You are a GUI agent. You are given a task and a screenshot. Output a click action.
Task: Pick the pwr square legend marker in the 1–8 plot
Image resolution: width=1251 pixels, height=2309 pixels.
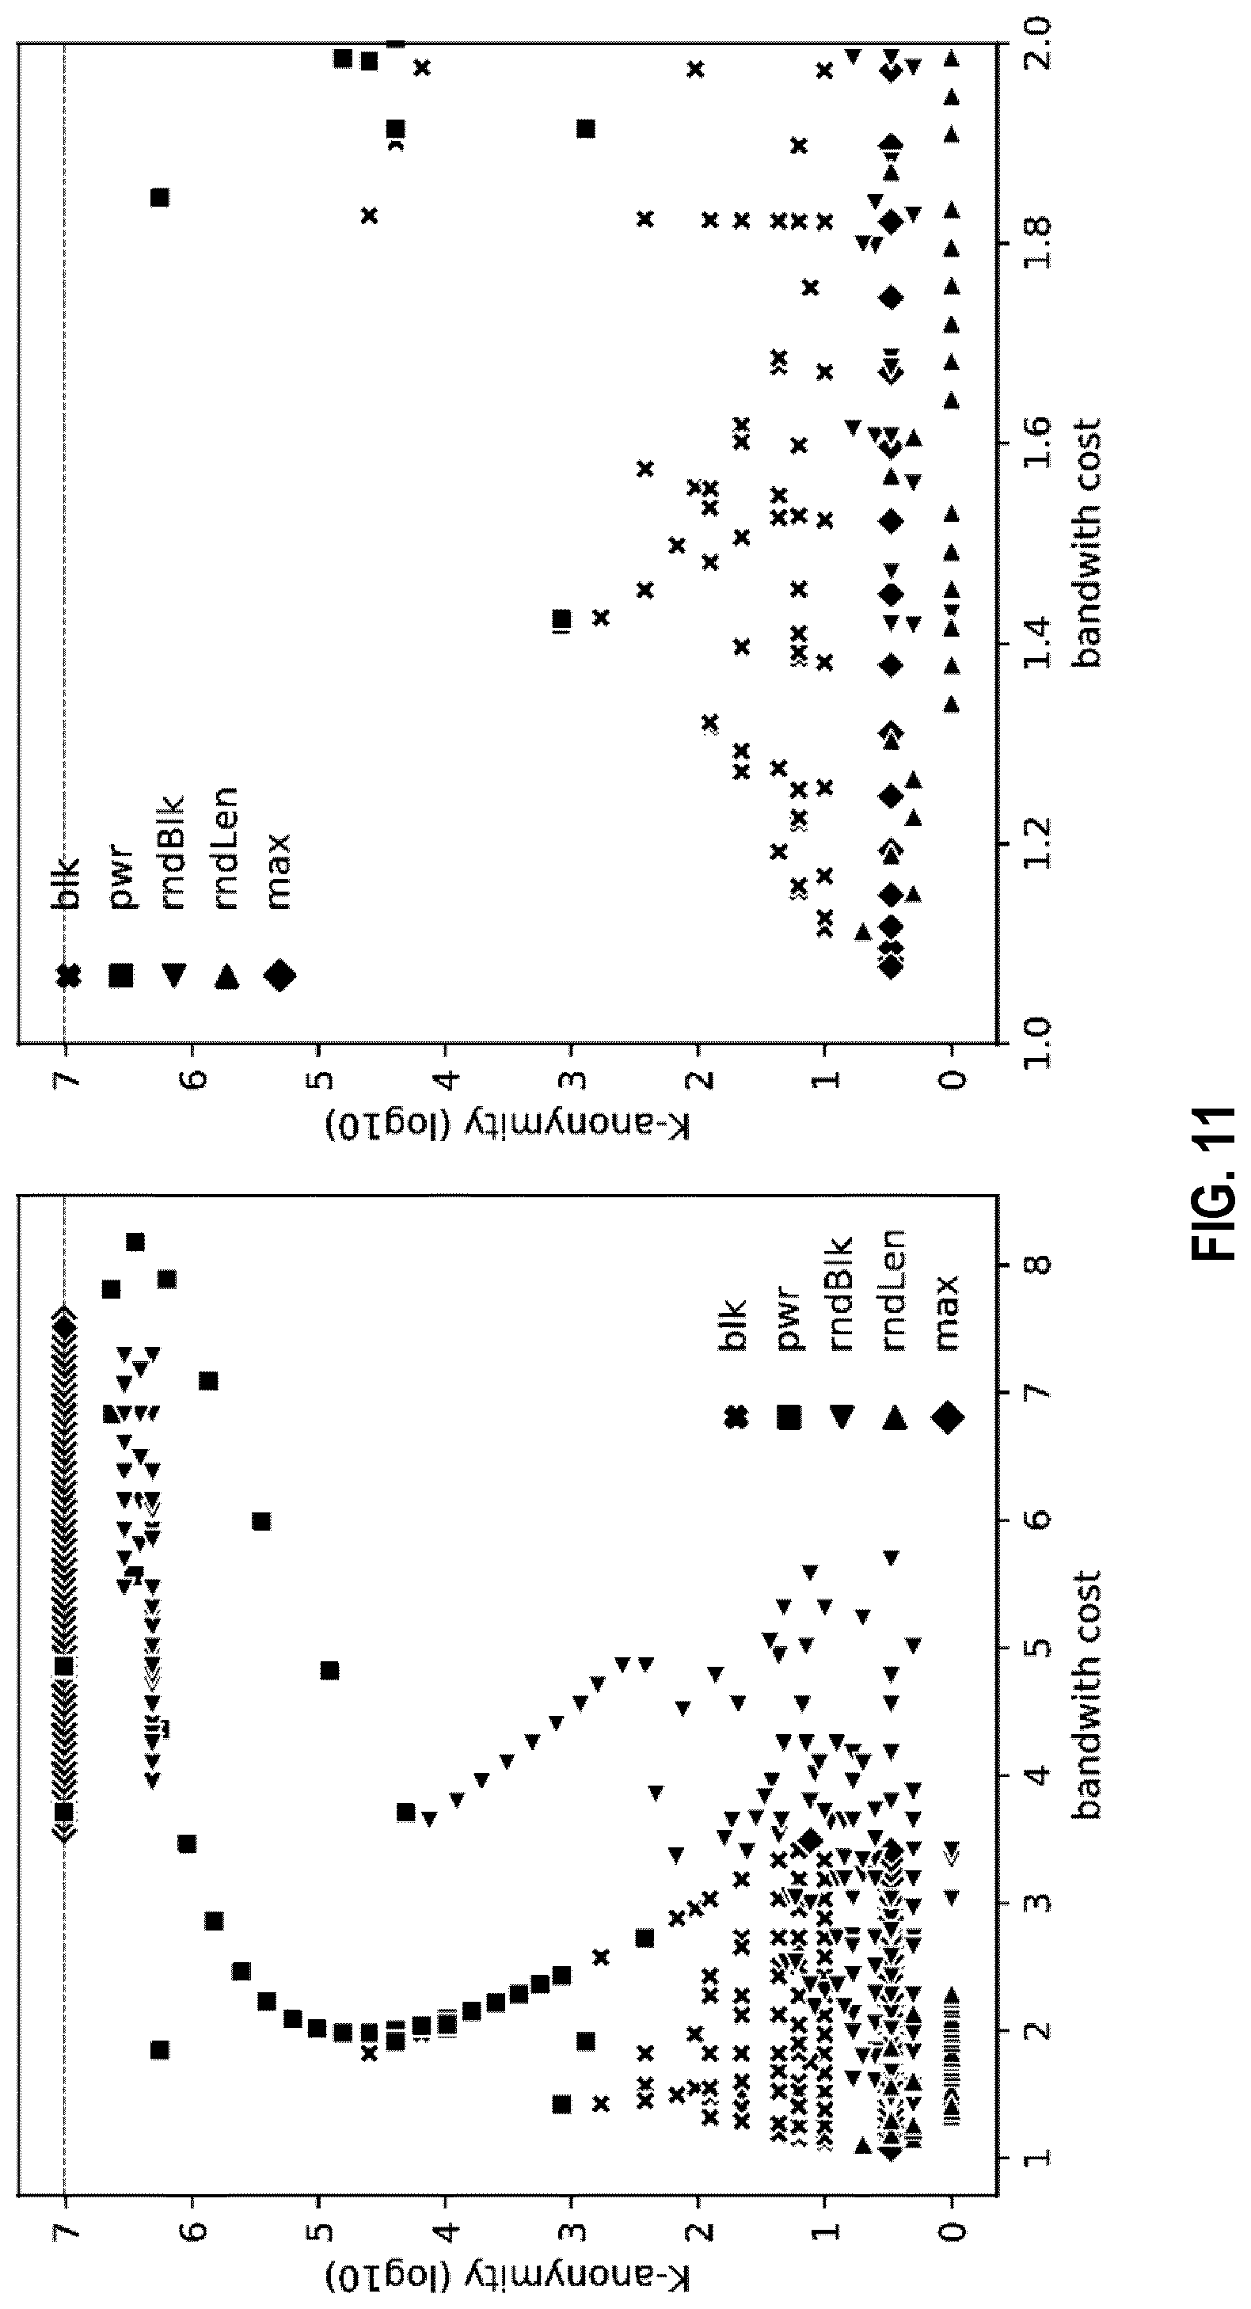tap(789, 1418)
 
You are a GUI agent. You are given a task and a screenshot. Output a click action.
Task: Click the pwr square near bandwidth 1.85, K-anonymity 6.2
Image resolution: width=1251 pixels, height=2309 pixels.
tap(159, 197)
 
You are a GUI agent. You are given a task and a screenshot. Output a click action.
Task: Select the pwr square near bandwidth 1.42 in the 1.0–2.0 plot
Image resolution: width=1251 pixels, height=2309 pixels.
tap(562, 619)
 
